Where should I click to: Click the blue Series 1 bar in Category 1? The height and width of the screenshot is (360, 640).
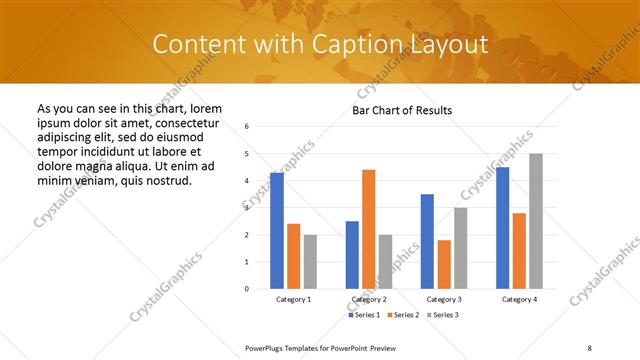(x=277, y=230)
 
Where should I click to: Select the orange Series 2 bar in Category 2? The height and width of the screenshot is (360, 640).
(x=368, y=229)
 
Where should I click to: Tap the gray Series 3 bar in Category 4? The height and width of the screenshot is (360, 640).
(x=536, y=221)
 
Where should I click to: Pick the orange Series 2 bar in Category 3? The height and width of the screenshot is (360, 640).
(x=444, y=264)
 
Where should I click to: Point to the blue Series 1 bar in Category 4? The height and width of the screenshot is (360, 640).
(x=502, y=228)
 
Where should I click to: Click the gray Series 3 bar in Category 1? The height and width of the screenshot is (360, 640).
(x=310, y=261)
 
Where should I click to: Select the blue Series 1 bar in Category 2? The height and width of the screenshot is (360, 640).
(x=352, y=254)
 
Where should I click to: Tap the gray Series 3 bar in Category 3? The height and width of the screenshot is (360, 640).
(x=460, y=248)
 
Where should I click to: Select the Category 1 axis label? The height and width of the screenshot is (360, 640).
(x=293, y=300)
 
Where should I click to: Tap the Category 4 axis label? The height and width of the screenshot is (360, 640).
(x=519, y=300)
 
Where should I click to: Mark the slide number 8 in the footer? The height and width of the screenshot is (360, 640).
(x=590, y=347)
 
